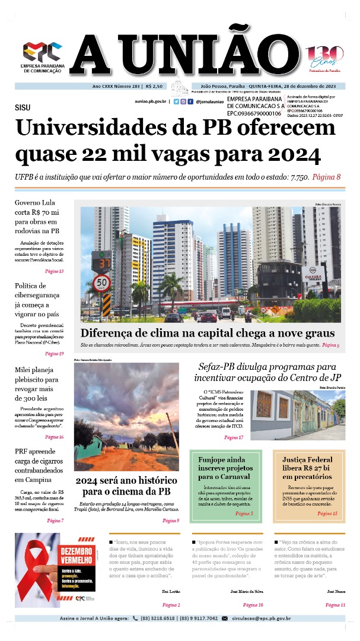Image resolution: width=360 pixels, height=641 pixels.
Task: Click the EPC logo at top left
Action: point(42,52)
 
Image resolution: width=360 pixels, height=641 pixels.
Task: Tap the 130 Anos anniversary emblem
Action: point(324,58)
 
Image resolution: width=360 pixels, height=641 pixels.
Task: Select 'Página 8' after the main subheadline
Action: point(326,177)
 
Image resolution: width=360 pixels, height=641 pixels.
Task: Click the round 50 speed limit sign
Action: point(102,282)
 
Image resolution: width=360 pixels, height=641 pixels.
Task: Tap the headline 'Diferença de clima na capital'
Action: point(208,333)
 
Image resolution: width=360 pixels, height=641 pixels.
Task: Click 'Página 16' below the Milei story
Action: point(54,437)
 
